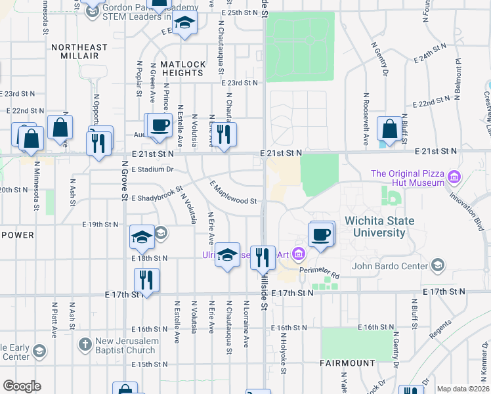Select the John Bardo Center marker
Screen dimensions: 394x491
point(438,266)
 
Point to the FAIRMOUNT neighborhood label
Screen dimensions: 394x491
point(347,362)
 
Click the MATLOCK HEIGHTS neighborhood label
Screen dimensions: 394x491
point(182,68)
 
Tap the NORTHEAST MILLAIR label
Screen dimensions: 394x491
point(79,51)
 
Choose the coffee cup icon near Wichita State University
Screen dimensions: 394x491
point(320,234)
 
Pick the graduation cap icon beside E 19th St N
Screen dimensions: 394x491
point(142,237)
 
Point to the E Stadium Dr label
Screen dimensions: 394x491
point(152,169)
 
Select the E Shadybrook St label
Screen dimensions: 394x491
point(156,198)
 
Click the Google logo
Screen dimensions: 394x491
point(22,386)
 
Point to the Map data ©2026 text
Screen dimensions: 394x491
point(463,389)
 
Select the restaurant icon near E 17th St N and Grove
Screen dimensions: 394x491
point(146,280)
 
